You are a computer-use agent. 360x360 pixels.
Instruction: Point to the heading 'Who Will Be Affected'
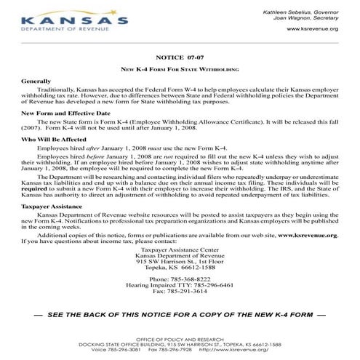[55, 137]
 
